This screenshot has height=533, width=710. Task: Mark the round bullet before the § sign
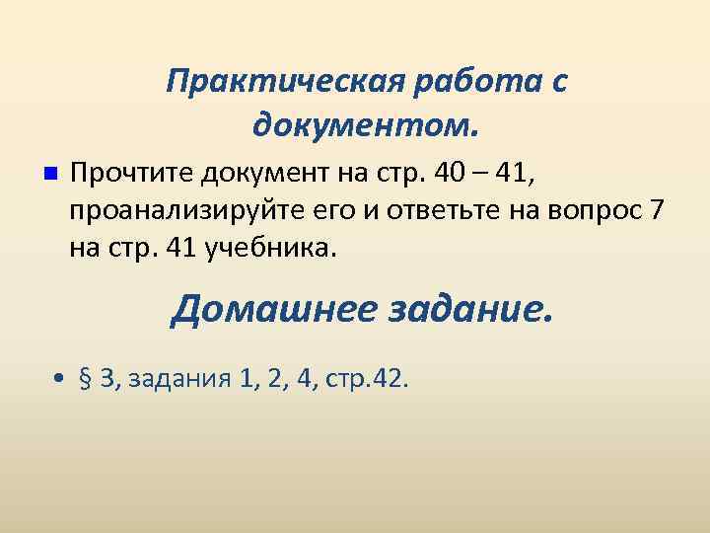[61, 379]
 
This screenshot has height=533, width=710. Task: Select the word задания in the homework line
[177, 379]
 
